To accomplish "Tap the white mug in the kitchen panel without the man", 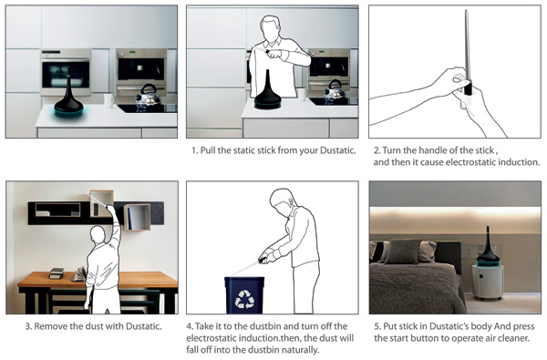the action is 109,101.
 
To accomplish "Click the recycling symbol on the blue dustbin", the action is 244,299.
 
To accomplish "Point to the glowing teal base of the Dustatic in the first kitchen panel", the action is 68,111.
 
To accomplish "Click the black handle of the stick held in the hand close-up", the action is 467,88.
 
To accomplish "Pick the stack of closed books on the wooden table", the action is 57,273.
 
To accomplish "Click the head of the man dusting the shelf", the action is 98,235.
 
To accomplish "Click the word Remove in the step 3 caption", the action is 50,326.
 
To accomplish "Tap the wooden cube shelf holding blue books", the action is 137,217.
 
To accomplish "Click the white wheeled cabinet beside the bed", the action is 488,282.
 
